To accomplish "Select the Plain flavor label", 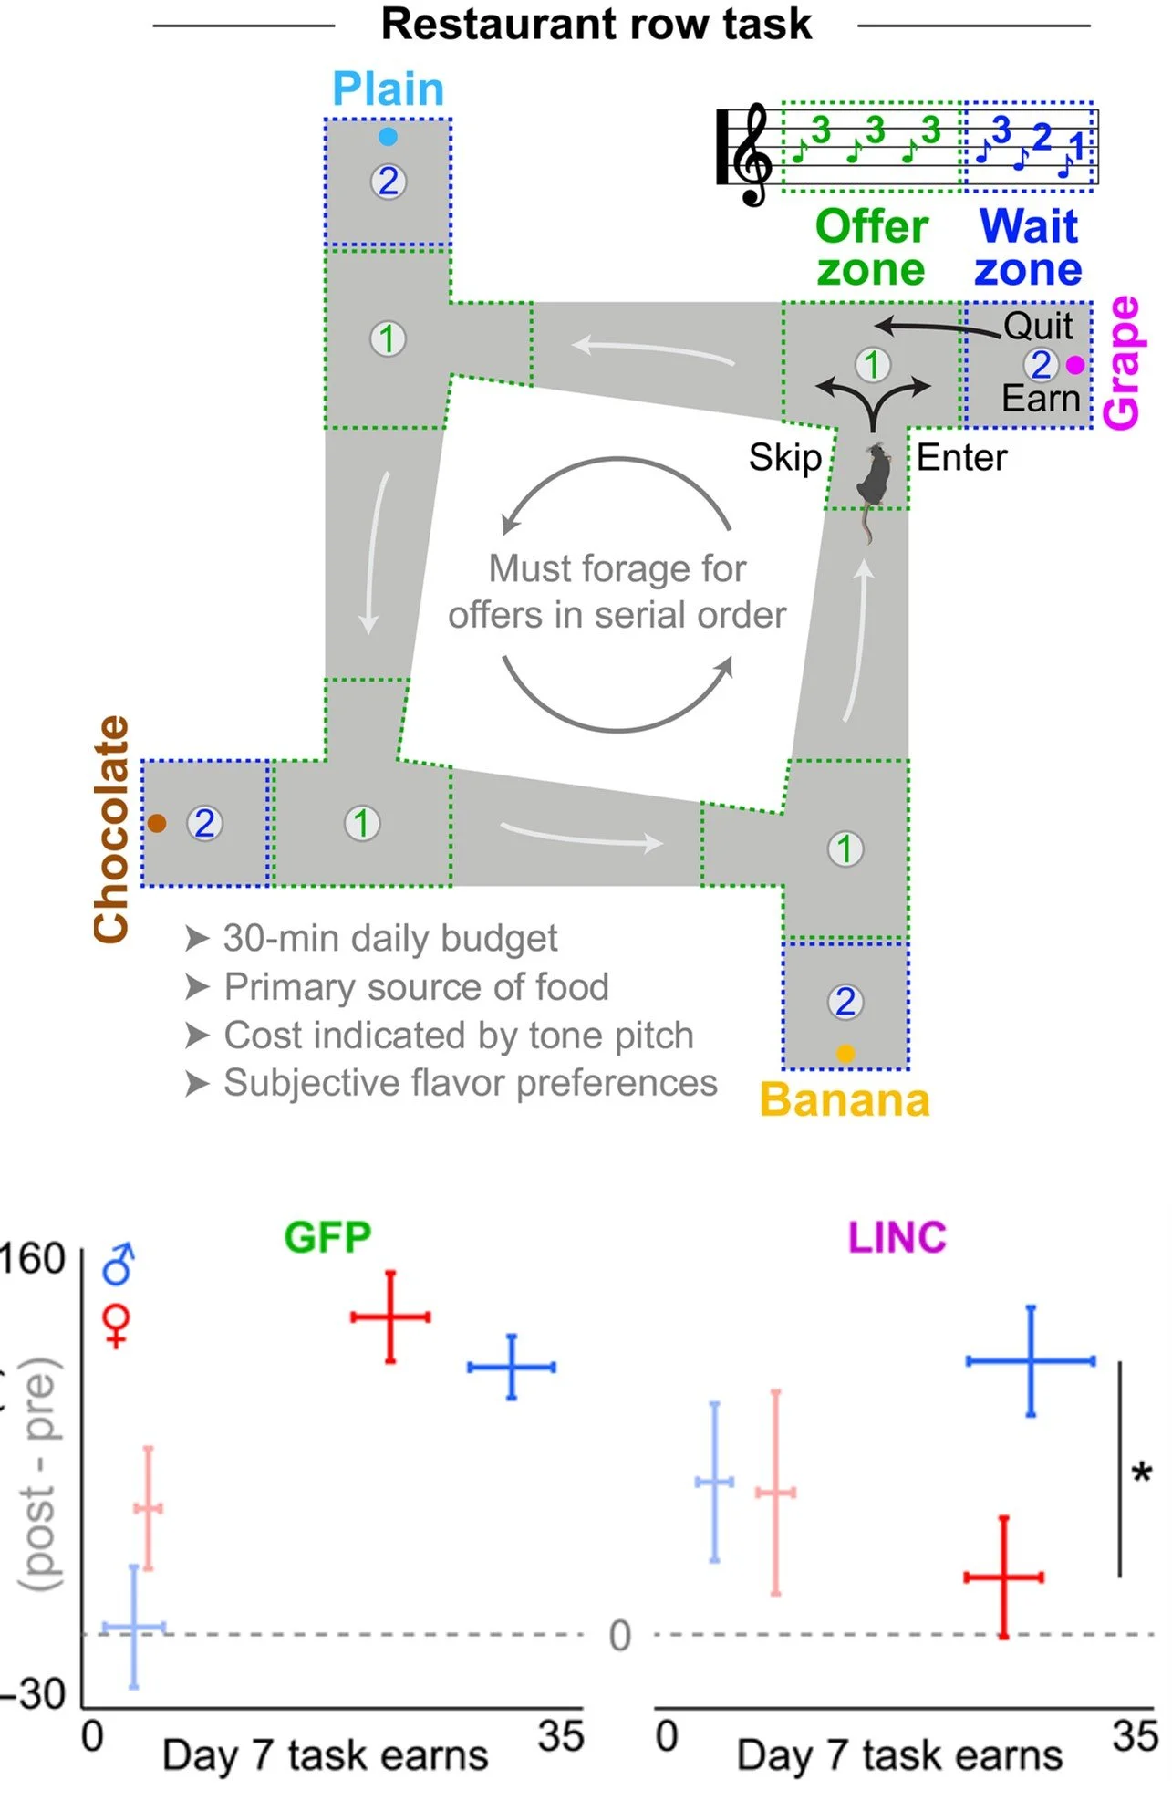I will [388, 89].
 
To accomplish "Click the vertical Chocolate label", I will [112, 828].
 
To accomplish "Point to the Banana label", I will [845, 1100].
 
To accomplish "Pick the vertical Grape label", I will [1122, 362].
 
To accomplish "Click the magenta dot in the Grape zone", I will [1075, 365].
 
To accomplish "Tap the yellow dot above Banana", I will [845, 1054].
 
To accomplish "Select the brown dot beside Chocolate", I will [157, 823].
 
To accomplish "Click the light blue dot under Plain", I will [388, 137].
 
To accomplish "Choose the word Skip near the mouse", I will [784, 457].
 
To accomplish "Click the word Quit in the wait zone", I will [1038, 326].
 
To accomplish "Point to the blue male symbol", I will [119, 1264].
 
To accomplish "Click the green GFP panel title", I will [327, 1238].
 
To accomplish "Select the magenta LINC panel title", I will [897, 1238].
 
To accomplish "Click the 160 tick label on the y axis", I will [33, 1259].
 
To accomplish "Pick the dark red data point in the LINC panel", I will [1003, 1577].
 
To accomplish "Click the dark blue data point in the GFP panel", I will [512, 1367].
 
